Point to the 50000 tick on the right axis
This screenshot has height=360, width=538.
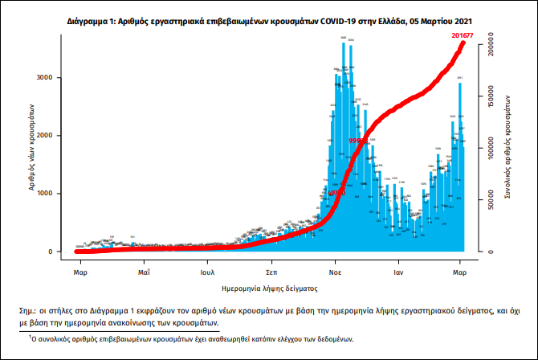tap(487, 201)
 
